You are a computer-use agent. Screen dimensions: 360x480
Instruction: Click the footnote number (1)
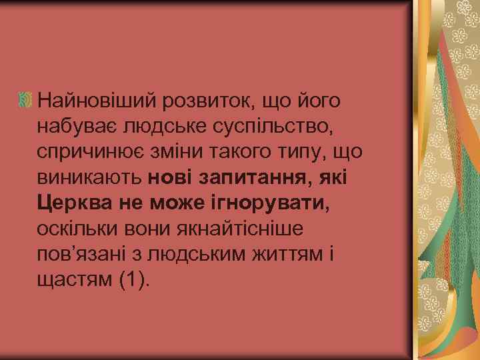(132, 279)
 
